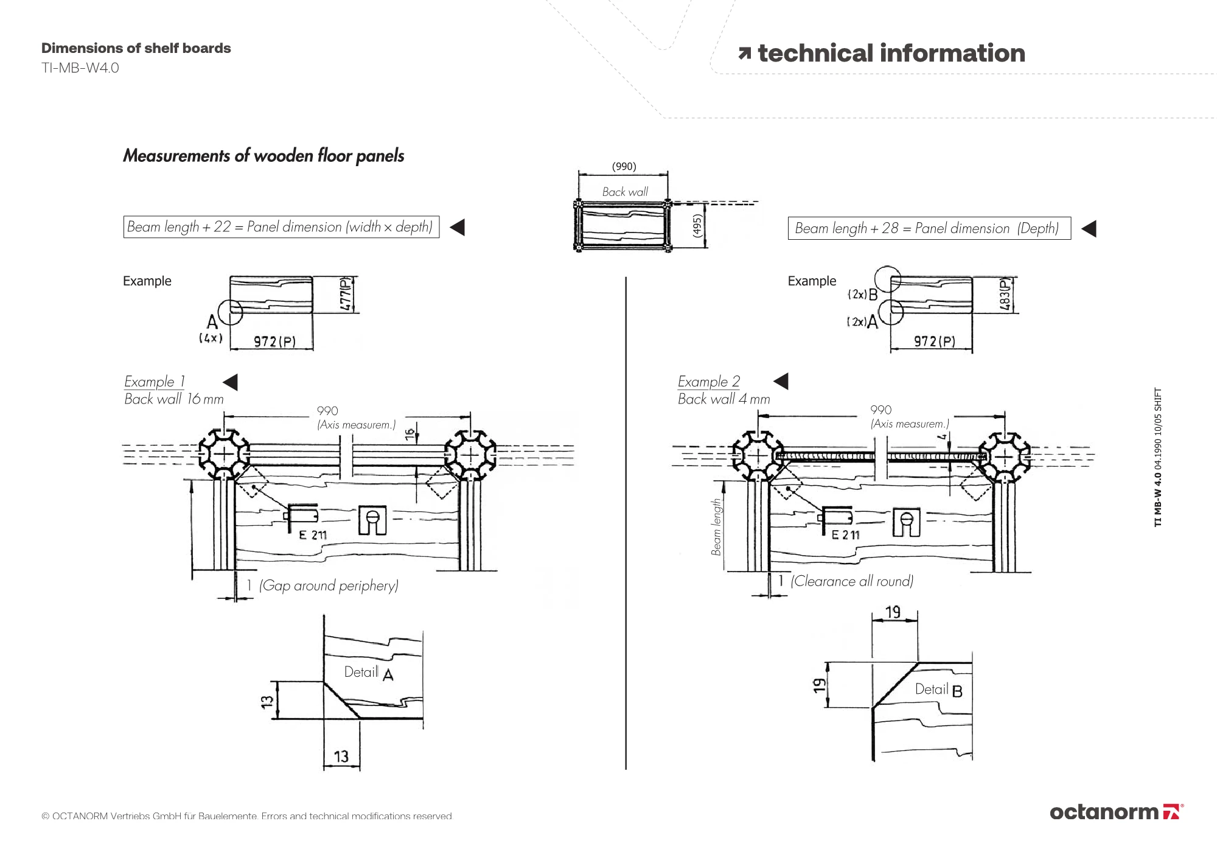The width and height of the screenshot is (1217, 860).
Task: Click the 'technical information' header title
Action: click(891, 54)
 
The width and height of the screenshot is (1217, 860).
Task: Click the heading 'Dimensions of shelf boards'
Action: click(136, 49)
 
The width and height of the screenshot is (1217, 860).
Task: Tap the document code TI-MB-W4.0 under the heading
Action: click(80, 68)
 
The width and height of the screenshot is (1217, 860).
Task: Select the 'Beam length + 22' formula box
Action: click(281, 227)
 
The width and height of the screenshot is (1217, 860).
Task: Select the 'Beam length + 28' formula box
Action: click(929, 229)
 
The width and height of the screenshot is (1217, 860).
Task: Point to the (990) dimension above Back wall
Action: click(624, 167)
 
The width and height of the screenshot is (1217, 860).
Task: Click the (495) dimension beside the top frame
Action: click(698, 226)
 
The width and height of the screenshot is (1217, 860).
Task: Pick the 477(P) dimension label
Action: click(346, 295)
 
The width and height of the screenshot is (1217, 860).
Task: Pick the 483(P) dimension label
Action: click(1005, 295)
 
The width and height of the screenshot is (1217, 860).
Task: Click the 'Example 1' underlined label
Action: click(155, 382)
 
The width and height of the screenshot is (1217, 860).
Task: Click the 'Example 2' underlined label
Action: click(709, 382)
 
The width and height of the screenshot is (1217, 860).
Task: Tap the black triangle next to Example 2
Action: click(781, 382)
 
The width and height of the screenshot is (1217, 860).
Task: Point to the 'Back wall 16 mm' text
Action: click(174, 399)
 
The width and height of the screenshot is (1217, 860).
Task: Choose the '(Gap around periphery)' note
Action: click(329, 586)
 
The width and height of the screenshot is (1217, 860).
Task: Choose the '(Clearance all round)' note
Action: click(852, 581)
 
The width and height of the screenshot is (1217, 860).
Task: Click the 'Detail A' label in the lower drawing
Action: click(369, 673)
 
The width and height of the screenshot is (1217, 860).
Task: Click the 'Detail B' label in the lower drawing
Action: click(939, 690)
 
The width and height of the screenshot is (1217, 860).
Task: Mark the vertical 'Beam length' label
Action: click(716, 527)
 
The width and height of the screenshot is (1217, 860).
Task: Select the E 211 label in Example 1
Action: click(313, 535)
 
